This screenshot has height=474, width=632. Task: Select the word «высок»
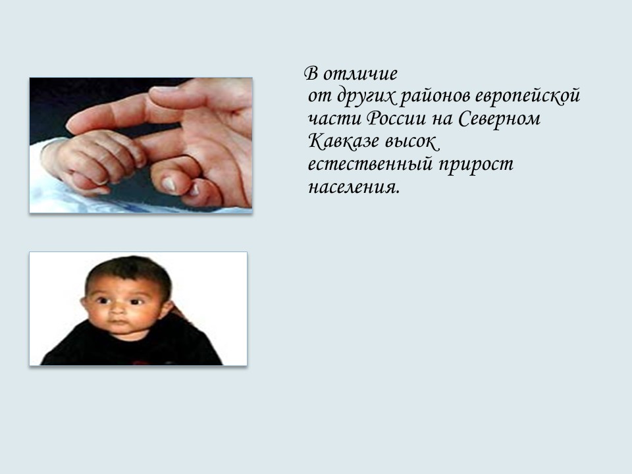pyautogui.click(x=409, y=142)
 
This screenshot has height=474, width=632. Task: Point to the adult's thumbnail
pyautogui.click(x=169, y=184)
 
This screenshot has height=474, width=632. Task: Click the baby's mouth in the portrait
pyautogui.click(x=117, y=327)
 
